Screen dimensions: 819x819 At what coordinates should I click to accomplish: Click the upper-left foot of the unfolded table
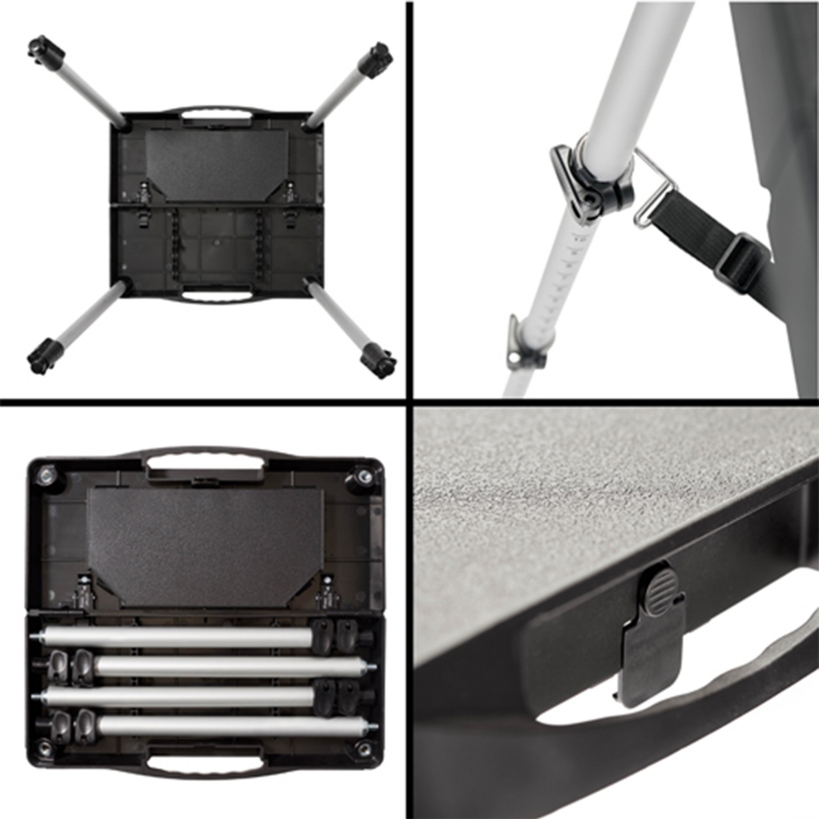tap(46, 53)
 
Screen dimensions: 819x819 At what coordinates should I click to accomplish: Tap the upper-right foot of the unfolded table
tap(374, 60)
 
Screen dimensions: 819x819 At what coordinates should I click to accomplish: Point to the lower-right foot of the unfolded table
tap(378, 361)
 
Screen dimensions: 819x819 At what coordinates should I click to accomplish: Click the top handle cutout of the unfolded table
tap(216, 115)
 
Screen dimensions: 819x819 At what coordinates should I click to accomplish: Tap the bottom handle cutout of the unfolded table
tap(216, 295)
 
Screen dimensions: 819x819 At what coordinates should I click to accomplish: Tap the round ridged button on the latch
tap(659, 592)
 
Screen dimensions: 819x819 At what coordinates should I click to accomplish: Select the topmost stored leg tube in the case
tap(176, 637)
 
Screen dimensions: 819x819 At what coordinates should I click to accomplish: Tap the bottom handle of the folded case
tap(205, 764)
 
